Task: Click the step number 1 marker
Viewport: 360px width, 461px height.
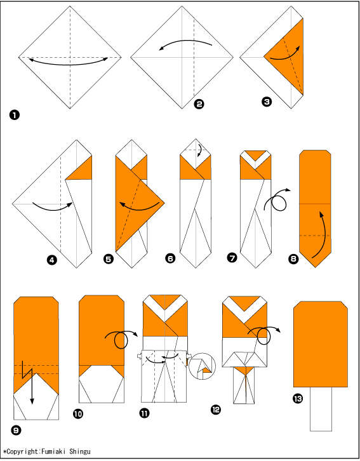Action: pyautogui.click(x=14, y=115)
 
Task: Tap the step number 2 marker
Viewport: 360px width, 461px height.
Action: pyautogui.click(x=199, y=104)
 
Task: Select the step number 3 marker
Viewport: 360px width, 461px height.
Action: pyautogui.click(x=267, y=102)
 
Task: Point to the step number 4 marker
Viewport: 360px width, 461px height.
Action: pyautogui.click(x=51, y=260)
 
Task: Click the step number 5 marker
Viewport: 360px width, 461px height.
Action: pyautogui.click(x=109, y=259)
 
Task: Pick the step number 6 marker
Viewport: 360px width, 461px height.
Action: pyautogui.click(x=170, y=258)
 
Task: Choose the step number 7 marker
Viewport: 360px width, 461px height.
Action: pyautogui.click(x=232, y=258)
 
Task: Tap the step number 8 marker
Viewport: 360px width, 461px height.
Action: pyautogui.click(x=293, y=259)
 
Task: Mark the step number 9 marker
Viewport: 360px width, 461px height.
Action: pyautogui.click(x=16, y=431)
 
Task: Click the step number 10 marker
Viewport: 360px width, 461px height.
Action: pyautogui.click(x=78, y=414)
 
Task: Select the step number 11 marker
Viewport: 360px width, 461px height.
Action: pyautogui.click(x=144, y=413)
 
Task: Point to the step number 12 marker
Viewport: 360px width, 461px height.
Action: pyautogui.click(x=216, y=410)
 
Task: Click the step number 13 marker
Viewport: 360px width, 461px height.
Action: pyautogui.click(x=297, y=399)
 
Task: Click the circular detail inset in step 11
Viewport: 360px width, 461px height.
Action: pyautogui.click(x=202, y=366)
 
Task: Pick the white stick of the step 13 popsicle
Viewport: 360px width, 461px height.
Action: pyautogui.click(x=321, y=409)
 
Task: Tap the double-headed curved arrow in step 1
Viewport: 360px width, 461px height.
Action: pyautogui.click(x=69, y=63)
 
